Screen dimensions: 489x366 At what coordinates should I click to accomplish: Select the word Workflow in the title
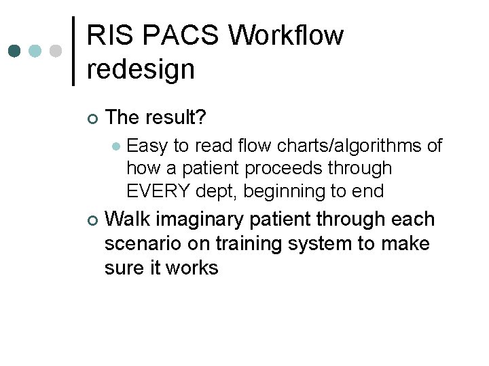pos(286,35)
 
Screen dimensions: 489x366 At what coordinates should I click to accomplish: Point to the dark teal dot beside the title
pos(16,52)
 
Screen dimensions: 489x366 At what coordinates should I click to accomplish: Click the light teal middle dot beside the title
pos(36,52)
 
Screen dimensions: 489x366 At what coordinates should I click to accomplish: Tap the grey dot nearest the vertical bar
pos(56,52)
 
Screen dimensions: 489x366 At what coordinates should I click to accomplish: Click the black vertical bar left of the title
pos(73,51)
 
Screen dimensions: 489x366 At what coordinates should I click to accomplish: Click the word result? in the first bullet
pos(181,117)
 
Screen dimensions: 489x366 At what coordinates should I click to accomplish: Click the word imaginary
pos(203,219)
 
